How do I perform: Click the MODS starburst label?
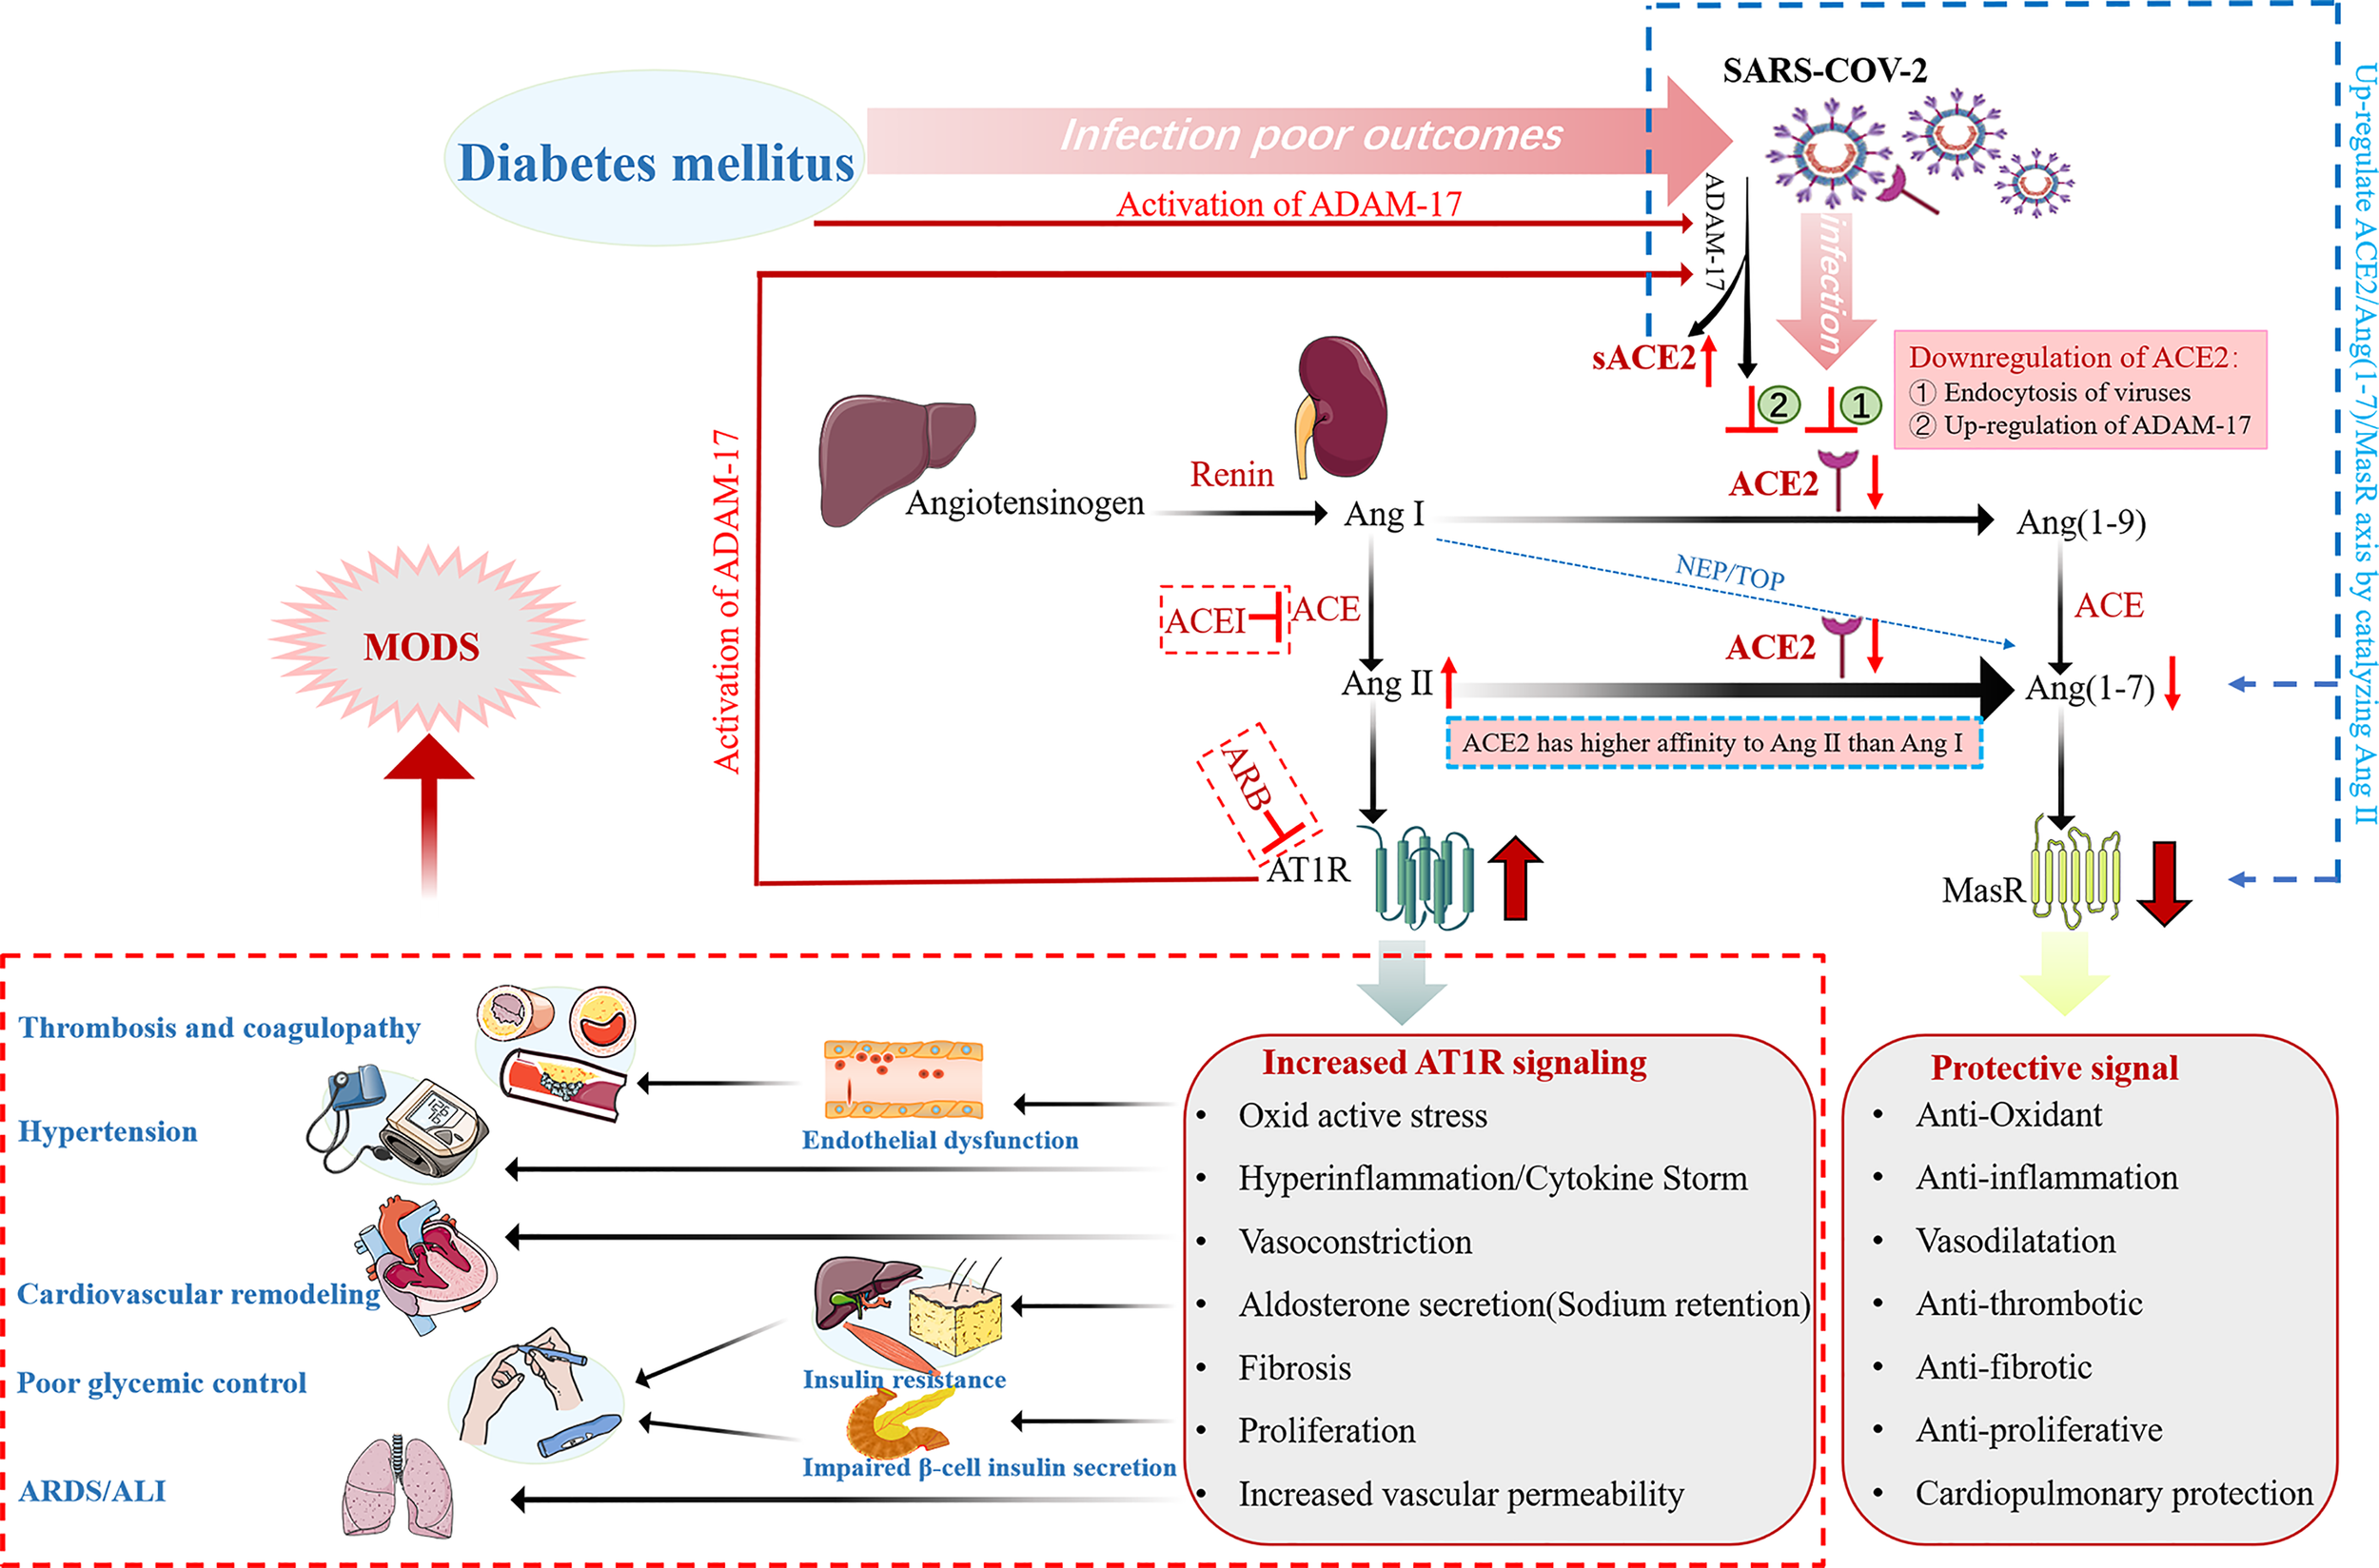(421, 647)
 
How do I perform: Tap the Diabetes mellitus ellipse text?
(655, 163)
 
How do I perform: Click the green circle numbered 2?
(1778, 405)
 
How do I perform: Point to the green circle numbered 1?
(1861, 405)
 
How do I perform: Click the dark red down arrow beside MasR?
(2164, 884)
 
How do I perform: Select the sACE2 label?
(1643, 357)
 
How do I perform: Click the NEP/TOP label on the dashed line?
(1730, 573)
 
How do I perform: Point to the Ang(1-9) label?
(2081, 522)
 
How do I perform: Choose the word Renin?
(1231, 474)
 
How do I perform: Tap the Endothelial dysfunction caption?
(940, 1140)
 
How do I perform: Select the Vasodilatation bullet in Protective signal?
(2015, 1241)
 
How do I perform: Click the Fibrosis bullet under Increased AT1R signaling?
(1294, 1368)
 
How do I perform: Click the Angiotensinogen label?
(1024, 502)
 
